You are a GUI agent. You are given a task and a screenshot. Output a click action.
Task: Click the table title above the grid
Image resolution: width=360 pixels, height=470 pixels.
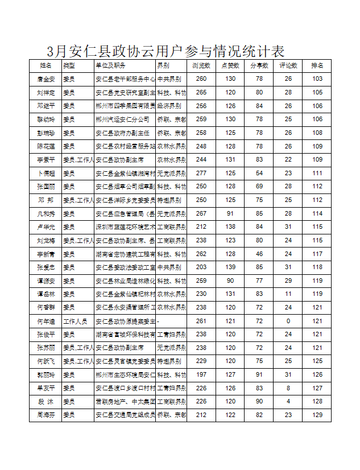[x=165, y=51]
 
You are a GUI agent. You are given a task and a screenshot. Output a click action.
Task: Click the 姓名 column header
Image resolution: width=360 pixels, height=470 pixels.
[x=45, y=66]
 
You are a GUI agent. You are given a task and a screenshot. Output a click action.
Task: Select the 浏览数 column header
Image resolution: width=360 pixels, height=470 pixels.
[x=201, y=66]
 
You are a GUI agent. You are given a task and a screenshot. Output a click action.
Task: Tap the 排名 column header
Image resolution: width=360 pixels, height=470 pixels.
[x=317, y=66]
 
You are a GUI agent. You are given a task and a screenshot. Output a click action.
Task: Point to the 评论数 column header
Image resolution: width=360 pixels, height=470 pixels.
[x=288, y=66]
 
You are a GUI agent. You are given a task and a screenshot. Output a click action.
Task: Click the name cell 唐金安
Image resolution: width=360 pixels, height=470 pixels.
[x=45, y=79]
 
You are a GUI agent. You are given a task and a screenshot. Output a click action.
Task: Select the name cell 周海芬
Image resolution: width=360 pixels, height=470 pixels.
[x=45, y=415]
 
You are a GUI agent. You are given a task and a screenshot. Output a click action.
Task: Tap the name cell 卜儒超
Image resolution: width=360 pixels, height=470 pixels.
[x=45, y=173]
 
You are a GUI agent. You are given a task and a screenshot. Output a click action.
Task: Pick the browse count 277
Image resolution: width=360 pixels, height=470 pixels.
[x=201, y=173]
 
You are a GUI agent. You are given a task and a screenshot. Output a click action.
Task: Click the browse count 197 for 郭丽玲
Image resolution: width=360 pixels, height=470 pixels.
[x=201, y=375]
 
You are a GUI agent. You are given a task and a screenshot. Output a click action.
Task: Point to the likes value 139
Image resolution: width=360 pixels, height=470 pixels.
[x=230, y=267]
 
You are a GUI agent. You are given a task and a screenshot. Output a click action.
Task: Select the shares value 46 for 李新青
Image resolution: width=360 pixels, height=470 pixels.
[x=259, y=254]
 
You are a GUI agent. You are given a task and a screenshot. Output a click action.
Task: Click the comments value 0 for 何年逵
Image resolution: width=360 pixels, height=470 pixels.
[x=288, y=321]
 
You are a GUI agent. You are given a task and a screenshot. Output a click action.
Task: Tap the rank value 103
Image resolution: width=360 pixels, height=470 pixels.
[x=317, y=79]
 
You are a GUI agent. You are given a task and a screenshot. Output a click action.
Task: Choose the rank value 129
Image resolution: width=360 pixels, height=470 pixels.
[x=317, y=415]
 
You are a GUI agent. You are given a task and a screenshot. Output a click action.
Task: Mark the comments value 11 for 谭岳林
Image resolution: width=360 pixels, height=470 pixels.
[x=288, y=294]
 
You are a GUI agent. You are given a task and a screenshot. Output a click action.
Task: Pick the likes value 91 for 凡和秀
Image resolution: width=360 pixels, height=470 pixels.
[x=230, y=213]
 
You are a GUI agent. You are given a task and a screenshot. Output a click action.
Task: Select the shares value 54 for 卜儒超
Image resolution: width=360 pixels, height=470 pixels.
[x=259, y=173]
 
